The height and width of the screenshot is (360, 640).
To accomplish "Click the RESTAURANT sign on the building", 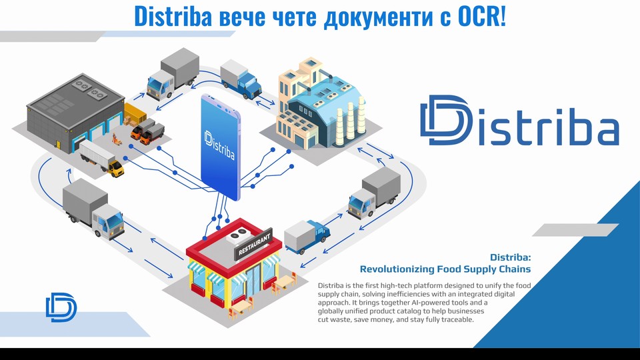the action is pos(254,244).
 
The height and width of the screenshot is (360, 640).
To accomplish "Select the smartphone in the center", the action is pos(221,147).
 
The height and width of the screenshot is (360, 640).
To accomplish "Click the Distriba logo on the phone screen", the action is pos(219,145).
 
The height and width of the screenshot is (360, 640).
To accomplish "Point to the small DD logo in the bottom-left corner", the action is pos(61,307).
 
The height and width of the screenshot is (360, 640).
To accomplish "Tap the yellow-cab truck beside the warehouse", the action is pos(101,159).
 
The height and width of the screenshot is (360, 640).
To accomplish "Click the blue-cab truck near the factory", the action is pos(241,79).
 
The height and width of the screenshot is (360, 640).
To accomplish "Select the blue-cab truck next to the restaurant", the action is pos(307,236).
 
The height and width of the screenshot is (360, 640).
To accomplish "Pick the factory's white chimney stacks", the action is pos(350,121).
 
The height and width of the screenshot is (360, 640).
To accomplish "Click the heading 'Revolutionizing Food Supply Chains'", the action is pos(445,269).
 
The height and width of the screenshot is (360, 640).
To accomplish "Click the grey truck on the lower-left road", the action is pos(93,208).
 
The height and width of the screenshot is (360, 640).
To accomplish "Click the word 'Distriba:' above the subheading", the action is pos(510,257).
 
